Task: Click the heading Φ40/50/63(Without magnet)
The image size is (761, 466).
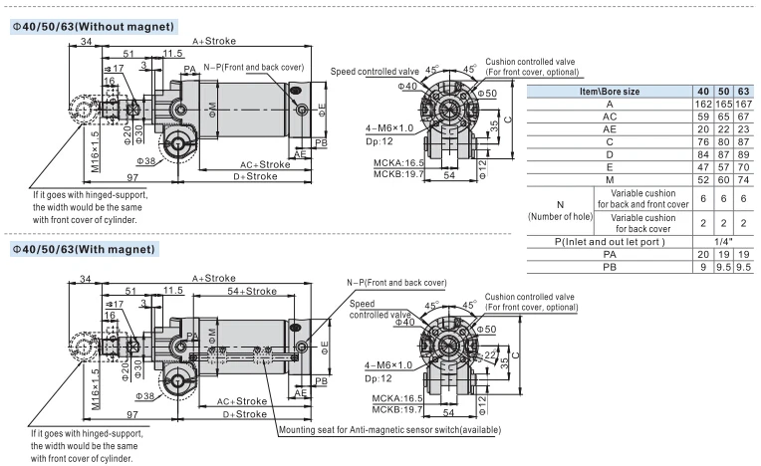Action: [x=94, y=27]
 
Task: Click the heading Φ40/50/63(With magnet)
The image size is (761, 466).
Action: [x=84, y=249]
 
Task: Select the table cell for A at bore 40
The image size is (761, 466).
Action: [x=703, y=105]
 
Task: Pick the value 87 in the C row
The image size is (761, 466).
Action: [x=743, y=142]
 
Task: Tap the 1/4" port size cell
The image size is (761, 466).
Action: [x=723, y=242]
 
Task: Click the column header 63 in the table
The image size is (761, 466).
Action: [x=743, y=92]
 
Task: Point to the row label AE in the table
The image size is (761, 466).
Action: [x=610, y=129]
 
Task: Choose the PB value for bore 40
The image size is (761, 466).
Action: [x=703, y=267]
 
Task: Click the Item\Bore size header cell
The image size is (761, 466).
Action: [x=610, y=92]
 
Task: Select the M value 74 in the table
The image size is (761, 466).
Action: [x=743, y=180]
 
